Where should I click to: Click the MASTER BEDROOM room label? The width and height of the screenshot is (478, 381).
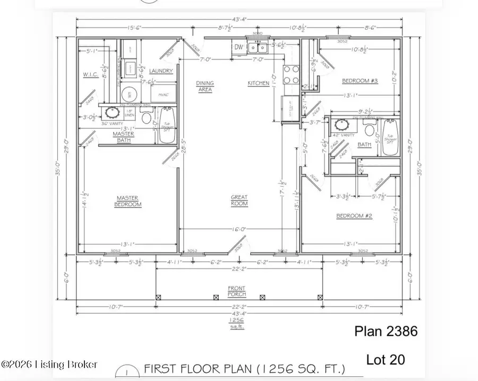(129, 201)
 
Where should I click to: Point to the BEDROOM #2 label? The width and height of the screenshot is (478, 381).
(353, 215)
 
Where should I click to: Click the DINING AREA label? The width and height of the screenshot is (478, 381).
(204, 86)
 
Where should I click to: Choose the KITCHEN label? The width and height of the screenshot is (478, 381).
(259, 84)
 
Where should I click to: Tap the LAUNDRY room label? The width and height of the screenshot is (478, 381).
(160, 71)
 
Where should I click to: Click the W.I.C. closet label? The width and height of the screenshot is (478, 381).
(90, 75)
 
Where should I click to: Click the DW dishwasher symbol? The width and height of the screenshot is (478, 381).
(239, 48)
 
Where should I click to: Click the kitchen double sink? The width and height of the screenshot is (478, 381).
(259, 48)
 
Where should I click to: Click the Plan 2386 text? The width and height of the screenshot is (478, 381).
(386, 332)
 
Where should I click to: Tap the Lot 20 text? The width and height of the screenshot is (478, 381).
(385, 359)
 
